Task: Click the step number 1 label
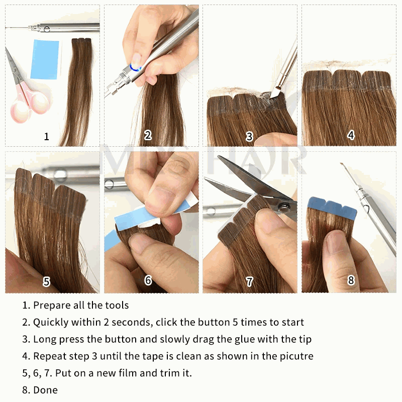(x=47, y=136)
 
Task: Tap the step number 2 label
(x=148, y=135)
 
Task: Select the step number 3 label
(x=249, y=136)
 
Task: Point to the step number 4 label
(x=351, y=135)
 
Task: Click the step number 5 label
(x=47, y=281)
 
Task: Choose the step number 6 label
(x=148, y=280)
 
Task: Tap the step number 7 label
(x=250, y=282)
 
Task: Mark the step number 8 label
(x=351, y=280)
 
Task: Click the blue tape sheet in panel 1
(x=45, y=60)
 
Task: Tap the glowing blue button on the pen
(x=135, y=67)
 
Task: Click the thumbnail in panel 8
(x=336, y=242)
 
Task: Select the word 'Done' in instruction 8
(x=45, y=390)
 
